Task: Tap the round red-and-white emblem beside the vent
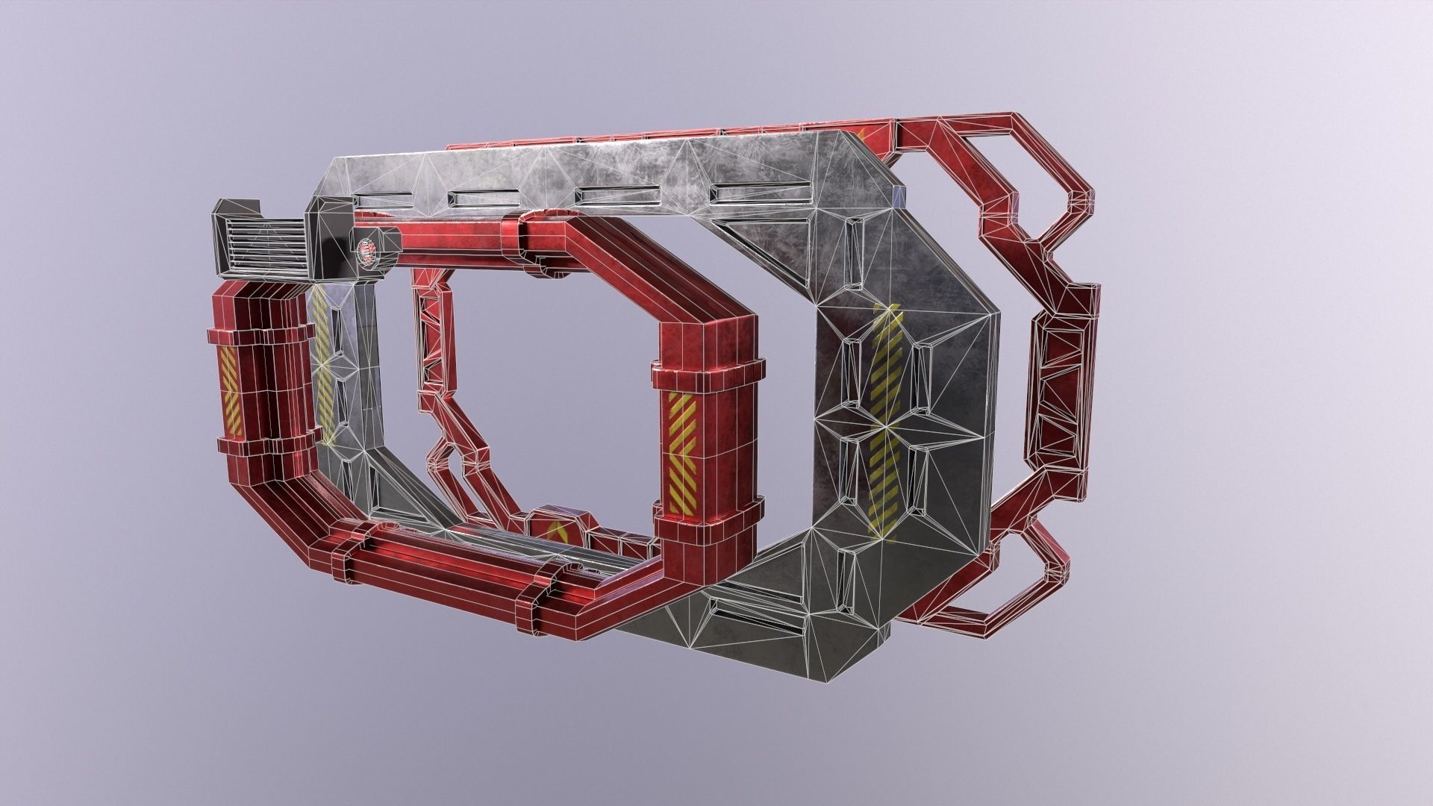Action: point(366,252)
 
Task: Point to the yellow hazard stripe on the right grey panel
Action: point(886,418)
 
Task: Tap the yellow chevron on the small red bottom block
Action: point(555,531)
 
